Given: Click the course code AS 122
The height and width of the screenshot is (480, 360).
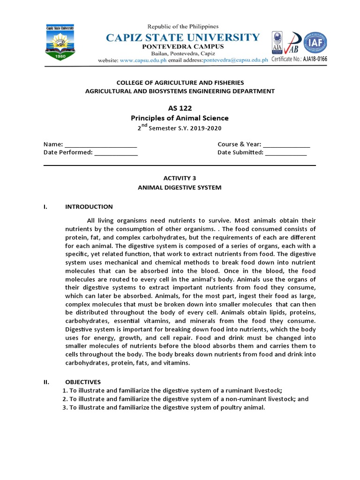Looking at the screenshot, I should [180, 108].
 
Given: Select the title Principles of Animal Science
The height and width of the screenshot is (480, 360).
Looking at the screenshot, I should [180, 118].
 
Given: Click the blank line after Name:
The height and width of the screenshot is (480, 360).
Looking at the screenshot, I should [100, 144].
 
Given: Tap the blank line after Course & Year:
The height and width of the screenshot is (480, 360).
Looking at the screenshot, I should [286, 144].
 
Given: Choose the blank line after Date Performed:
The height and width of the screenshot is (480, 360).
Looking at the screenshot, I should [116, 152].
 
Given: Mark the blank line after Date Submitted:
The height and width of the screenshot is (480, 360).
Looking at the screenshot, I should [286, 152].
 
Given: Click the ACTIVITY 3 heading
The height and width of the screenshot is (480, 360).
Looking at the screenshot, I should [180, 178].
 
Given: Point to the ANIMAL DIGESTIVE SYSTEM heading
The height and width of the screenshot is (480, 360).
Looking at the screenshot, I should [180, 187].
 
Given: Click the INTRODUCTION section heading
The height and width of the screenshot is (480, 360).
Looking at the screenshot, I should [89, 207].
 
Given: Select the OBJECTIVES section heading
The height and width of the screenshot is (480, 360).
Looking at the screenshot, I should [82, 382].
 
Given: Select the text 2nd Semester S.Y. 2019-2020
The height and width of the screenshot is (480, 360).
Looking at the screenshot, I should [180, 128].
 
